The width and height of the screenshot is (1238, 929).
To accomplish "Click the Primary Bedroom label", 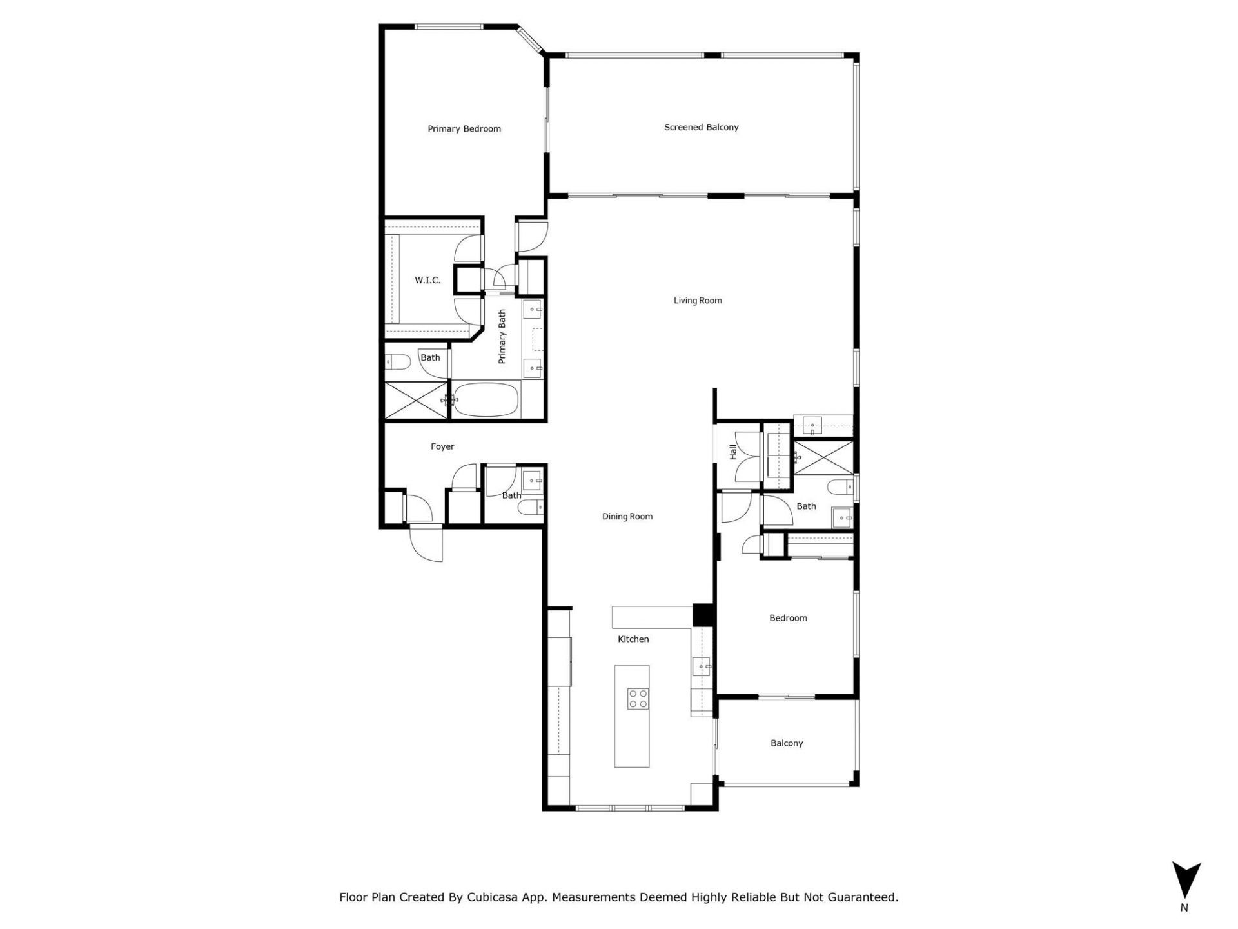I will pos(464,129).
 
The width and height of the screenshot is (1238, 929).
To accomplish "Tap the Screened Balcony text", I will pos(701,128).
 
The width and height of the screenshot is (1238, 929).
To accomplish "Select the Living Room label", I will pos(698,301).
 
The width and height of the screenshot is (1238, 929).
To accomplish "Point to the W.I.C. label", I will pos(427,281).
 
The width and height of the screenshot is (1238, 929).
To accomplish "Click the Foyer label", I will pos(442,446).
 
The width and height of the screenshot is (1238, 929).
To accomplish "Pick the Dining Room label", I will pos(627,517).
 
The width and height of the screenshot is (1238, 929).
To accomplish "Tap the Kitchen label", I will pos(633,639).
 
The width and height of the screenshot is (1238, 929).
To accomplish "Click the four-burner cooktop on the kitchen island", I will pos(638,699).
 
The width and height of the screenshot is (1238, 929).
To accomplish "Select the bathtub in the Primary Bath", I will pos(485,400).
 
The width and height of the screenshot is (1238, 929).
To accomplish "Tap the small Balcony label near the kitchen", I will pos(787,744).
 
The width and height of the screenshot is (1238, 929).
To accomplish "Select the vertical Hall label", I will pos(733,452).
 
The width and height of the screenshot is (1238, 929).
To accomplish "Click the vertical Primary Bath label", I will pos(502,337).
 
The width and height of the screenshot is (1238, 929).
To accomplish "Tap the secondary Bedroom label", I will pos(788,619).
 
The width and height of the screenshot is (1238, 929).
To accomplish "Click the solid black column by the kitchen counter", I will pos(703,614).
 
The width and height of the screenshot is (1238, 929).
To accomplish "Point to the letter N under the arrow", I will pos(1184,908).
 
